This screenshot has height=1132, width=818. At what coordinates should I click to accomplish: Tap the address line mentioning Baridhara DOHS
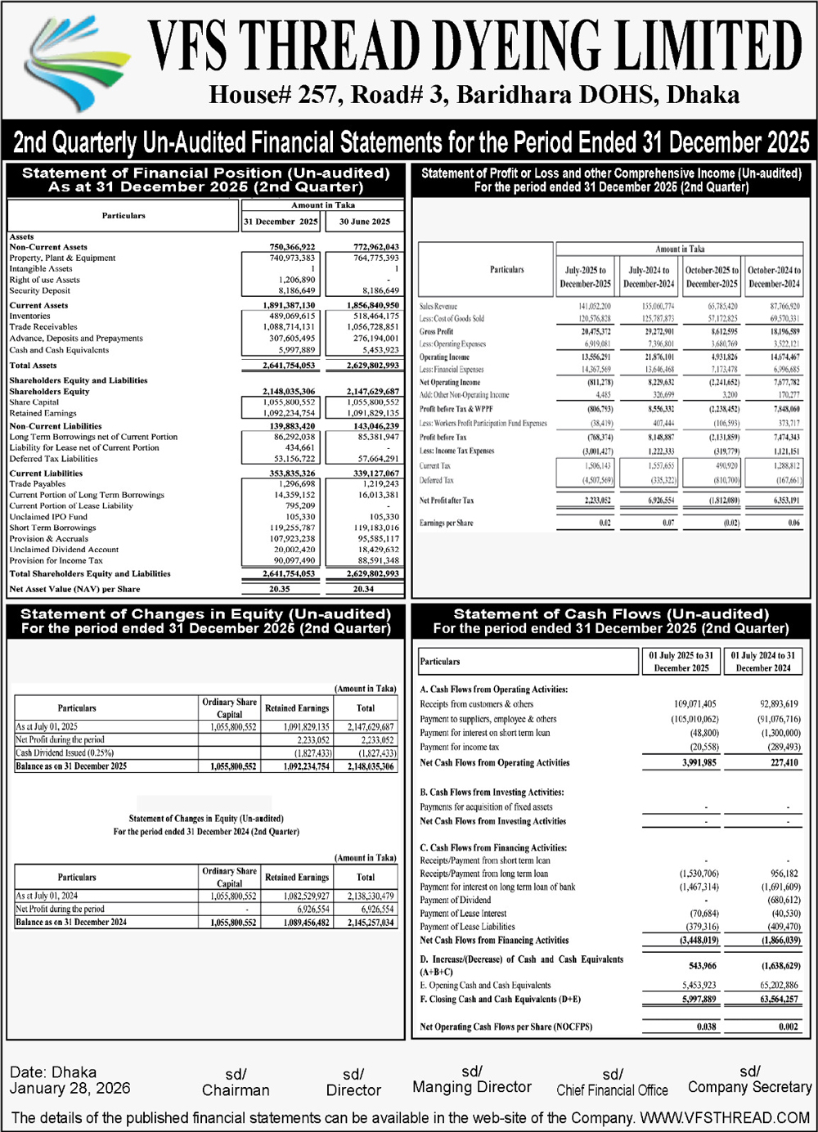[474, 95]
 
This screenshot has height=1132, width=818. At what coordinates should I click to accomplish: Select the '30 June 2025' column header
[365, 222]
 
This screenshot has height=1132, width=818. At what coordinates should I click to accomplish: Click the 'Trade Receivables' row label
[43, 327]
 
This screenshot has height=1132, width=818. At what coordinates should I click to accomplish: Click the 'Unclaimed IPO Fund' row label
[48, 517]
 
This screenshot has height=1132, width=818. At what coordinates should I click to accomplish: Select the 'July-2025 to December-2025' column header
[586, 276]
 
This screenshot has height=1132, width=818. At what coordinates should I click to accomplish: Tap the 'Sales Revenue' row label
[438, 306]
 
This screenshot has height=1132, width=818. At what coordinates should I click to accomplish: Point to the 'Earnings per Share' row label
[447, 523]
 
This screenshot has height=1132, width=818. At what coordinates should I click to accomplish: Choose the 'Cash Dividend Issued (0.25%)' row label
[65, 752]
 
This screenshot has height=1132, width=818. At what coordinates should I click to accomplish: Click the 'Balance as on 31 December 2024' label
[71, 922]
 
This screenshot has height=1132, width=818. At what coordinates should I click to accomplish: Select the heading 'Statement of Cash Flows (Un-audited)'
[611, 614]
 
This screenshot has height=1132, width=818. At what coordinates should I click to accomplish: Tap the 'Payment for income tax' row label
[459, 748]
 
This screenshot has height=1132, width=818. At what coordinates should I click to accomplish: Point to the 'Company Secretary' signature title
[749, 1087]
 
